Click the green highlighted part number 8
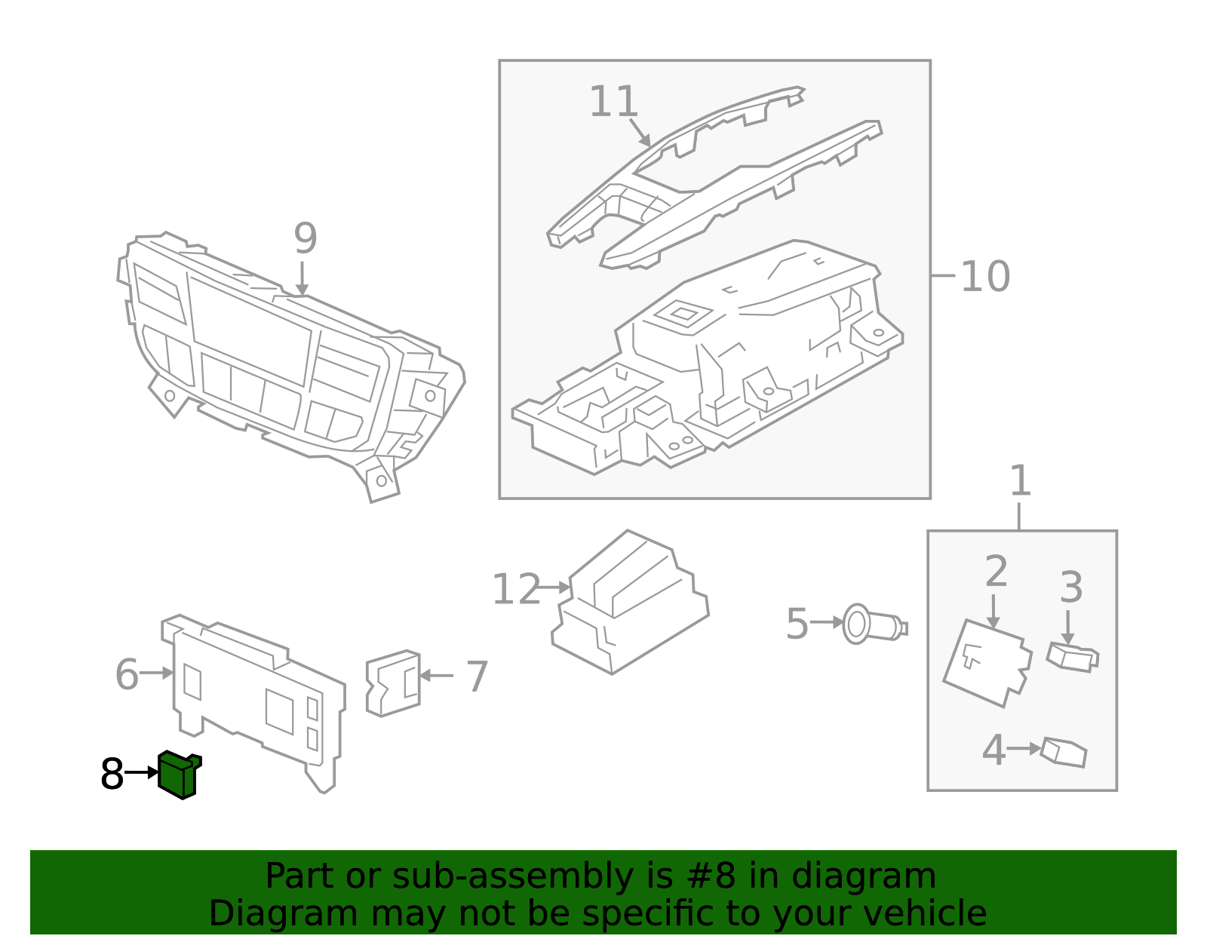click(x=178, y=775)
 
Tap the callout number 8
click(x=112, y=775)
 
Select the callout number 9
click(x=305, y=239)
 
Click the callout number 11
click(x=613, y=102)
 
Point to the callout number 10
click(x=984, y=277)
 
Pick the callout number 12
click(x=516, y=590)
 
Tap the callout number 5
click(x=797, y=624)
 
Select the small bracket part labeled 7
click(x=393, y=683)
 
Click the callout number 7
click(x=477, y=677)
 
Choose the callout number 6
click(x=127, y=674)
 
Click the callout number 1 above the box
click(x=1020, y=481)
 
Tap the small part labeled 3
click(x=1072, y=657)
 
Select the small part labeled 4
click(x=1064, y=752)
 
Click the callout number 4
click(x=994, y=750)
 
